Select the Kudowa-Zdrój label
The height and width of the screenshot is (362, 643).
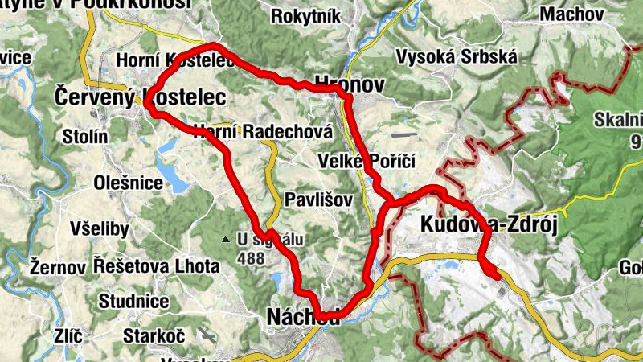[x=488, y=226]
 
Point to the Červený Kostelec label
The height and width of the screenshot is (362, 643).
[x=139, y=96]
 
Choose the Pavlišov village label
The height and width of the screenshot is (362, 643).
[x=318, y=200]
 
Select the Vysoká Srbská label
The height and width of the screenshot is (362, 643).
[x=457, y=57]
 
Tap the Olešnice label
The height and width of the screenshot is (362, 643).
[x=128, y=183]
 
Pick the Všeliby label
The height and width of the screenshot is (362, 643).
[x=99, y=229]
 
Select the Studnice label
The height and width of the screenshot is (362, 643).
[x=133, y=302]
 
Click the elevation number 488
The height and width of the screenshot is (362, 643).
[x=251, y=259]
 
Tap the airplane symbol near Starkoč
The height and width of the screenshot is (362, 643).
[x=209, y=333]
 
